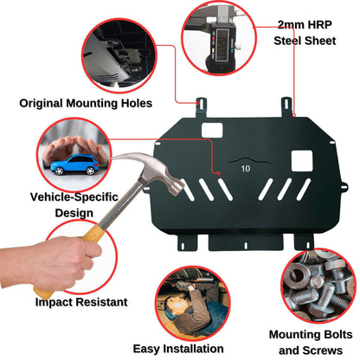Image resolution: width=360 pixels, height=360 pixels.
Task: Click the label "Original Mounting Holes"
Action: point(86,103)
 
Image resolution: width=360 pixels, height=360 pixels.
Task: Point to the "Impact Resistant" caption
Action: point(81,303)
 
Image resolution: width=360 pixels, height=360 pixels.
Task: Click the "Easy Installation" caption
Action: point(182,348)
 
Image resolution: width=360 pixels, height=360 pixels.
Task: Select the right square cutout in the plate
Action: point(301,159)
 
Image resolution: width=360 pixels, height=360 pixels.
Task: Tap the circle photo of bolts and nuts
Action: point(318,286)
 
